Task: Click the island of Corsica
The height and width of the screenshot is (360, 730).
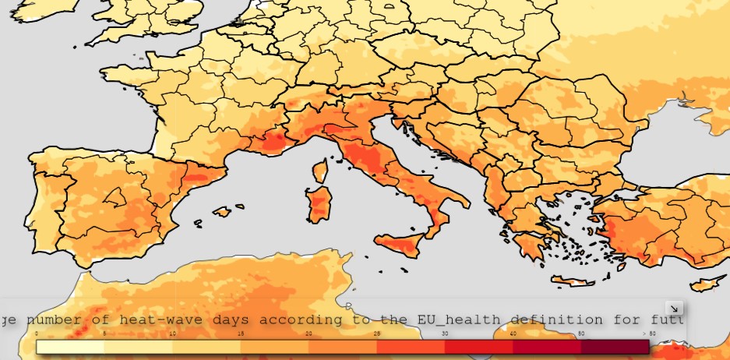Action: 319,171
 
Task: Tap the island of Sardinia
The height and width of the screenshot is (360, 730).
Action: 318,203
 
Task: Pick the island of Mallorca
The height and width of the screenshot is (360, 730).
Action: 222,211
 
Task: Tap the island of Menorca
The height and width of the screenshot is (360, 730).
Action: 238,206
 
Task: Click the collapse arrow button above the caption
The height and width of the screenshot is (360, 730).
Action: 675,308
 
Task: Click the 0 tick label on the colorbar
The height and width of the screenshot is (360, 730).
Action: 37,334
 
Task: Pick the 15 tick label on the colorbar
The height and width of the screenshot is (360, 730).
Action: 241,334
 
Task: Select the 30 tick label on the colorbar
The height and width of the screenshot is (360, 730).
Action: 445,334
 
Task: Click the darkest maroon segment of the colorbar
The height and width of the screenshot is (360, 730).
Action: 615,347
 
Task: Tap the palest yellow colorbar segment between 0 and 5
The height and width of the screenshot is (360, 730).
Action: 70,347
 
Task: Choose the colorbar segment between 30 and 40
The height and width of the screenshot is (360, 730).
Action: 478,347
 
